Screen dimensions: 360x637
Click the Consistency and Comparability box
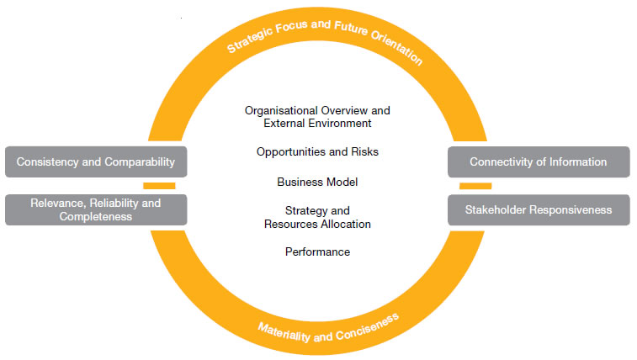(x=96, y=161)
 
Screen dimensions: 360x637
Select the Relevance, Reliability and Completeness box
(x=96, y=209)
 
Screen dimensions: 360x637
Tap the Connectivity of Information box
(x=538, y=161)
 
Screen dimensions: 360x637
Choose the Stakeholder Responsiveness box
(x=538, y=209)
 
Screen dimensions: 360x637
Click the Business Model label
(x=317, y=181)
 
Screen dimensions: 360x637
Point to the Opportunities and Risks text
(x=317, y=152)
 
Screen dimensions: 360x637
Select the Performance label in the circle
(x=317, y=251)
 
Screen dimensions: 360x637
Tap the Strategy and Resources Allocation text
(x=317, y=217)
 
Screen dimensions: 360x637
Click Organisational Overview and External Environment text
(x=317, y=116)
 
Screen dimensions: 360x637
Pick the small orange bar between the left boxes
(x=159, y=185)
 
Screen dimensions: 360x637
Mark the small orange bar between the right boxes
(x=475, y=185)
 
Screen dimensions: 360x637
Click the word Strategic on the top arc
(x=250, y=40)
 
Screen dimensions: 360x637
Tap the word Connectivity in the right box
(x=501, y=161)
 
